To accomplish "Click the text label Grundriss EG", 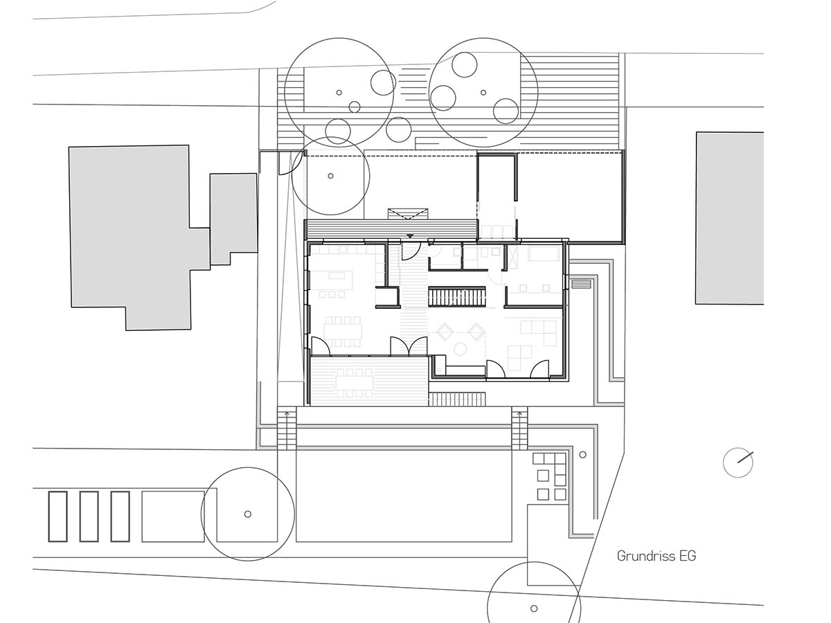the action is pyautogui.click(x=656, y=556).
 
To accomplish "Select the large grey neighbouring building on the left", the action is pyautogui.click(x=129, y=237).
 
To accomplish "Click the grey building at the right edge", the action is pyautogui.click(x=729, y=218).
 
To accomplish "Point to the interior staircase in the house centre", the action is pyautogui.click(x=456, y=298).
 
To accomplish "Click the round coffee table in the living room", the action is pyautogui.click(x=460, y=349).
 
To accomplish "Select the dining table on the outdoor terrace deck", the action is pyautogui.click(x=355, y=382).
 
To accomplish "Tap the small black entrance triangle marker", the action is pyautogui.click(x=410, y=236).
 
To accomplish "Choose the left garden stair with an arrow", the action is pyautogui.click(x=287, y=428).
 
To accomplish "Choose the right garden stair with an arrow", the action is pyautogui.click(x=519, y=428).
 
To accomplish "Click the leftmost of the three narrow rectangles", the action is pyautogui.click(x=58, y=516).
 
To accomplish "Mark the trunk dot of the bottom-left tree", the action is pyautogui.click(x=248, y=514).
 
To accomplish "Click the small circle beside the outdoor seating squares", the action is pyautogui.click(x=582, y=455).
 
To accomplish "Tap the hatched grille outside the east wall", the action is pyautogui.click(x=581, y=283).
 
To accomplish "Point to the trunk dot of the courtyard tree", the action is pyautogui.click(x=330, y=176).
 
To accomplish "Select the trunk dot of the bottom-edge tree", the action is pyautogui.click(x=534, y=608).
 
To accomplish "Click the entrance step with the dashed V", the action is pyautogui.click(x=408, y=214).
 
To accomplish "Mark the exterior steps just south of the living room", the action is pyautogui.click(x=457, y=399).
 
